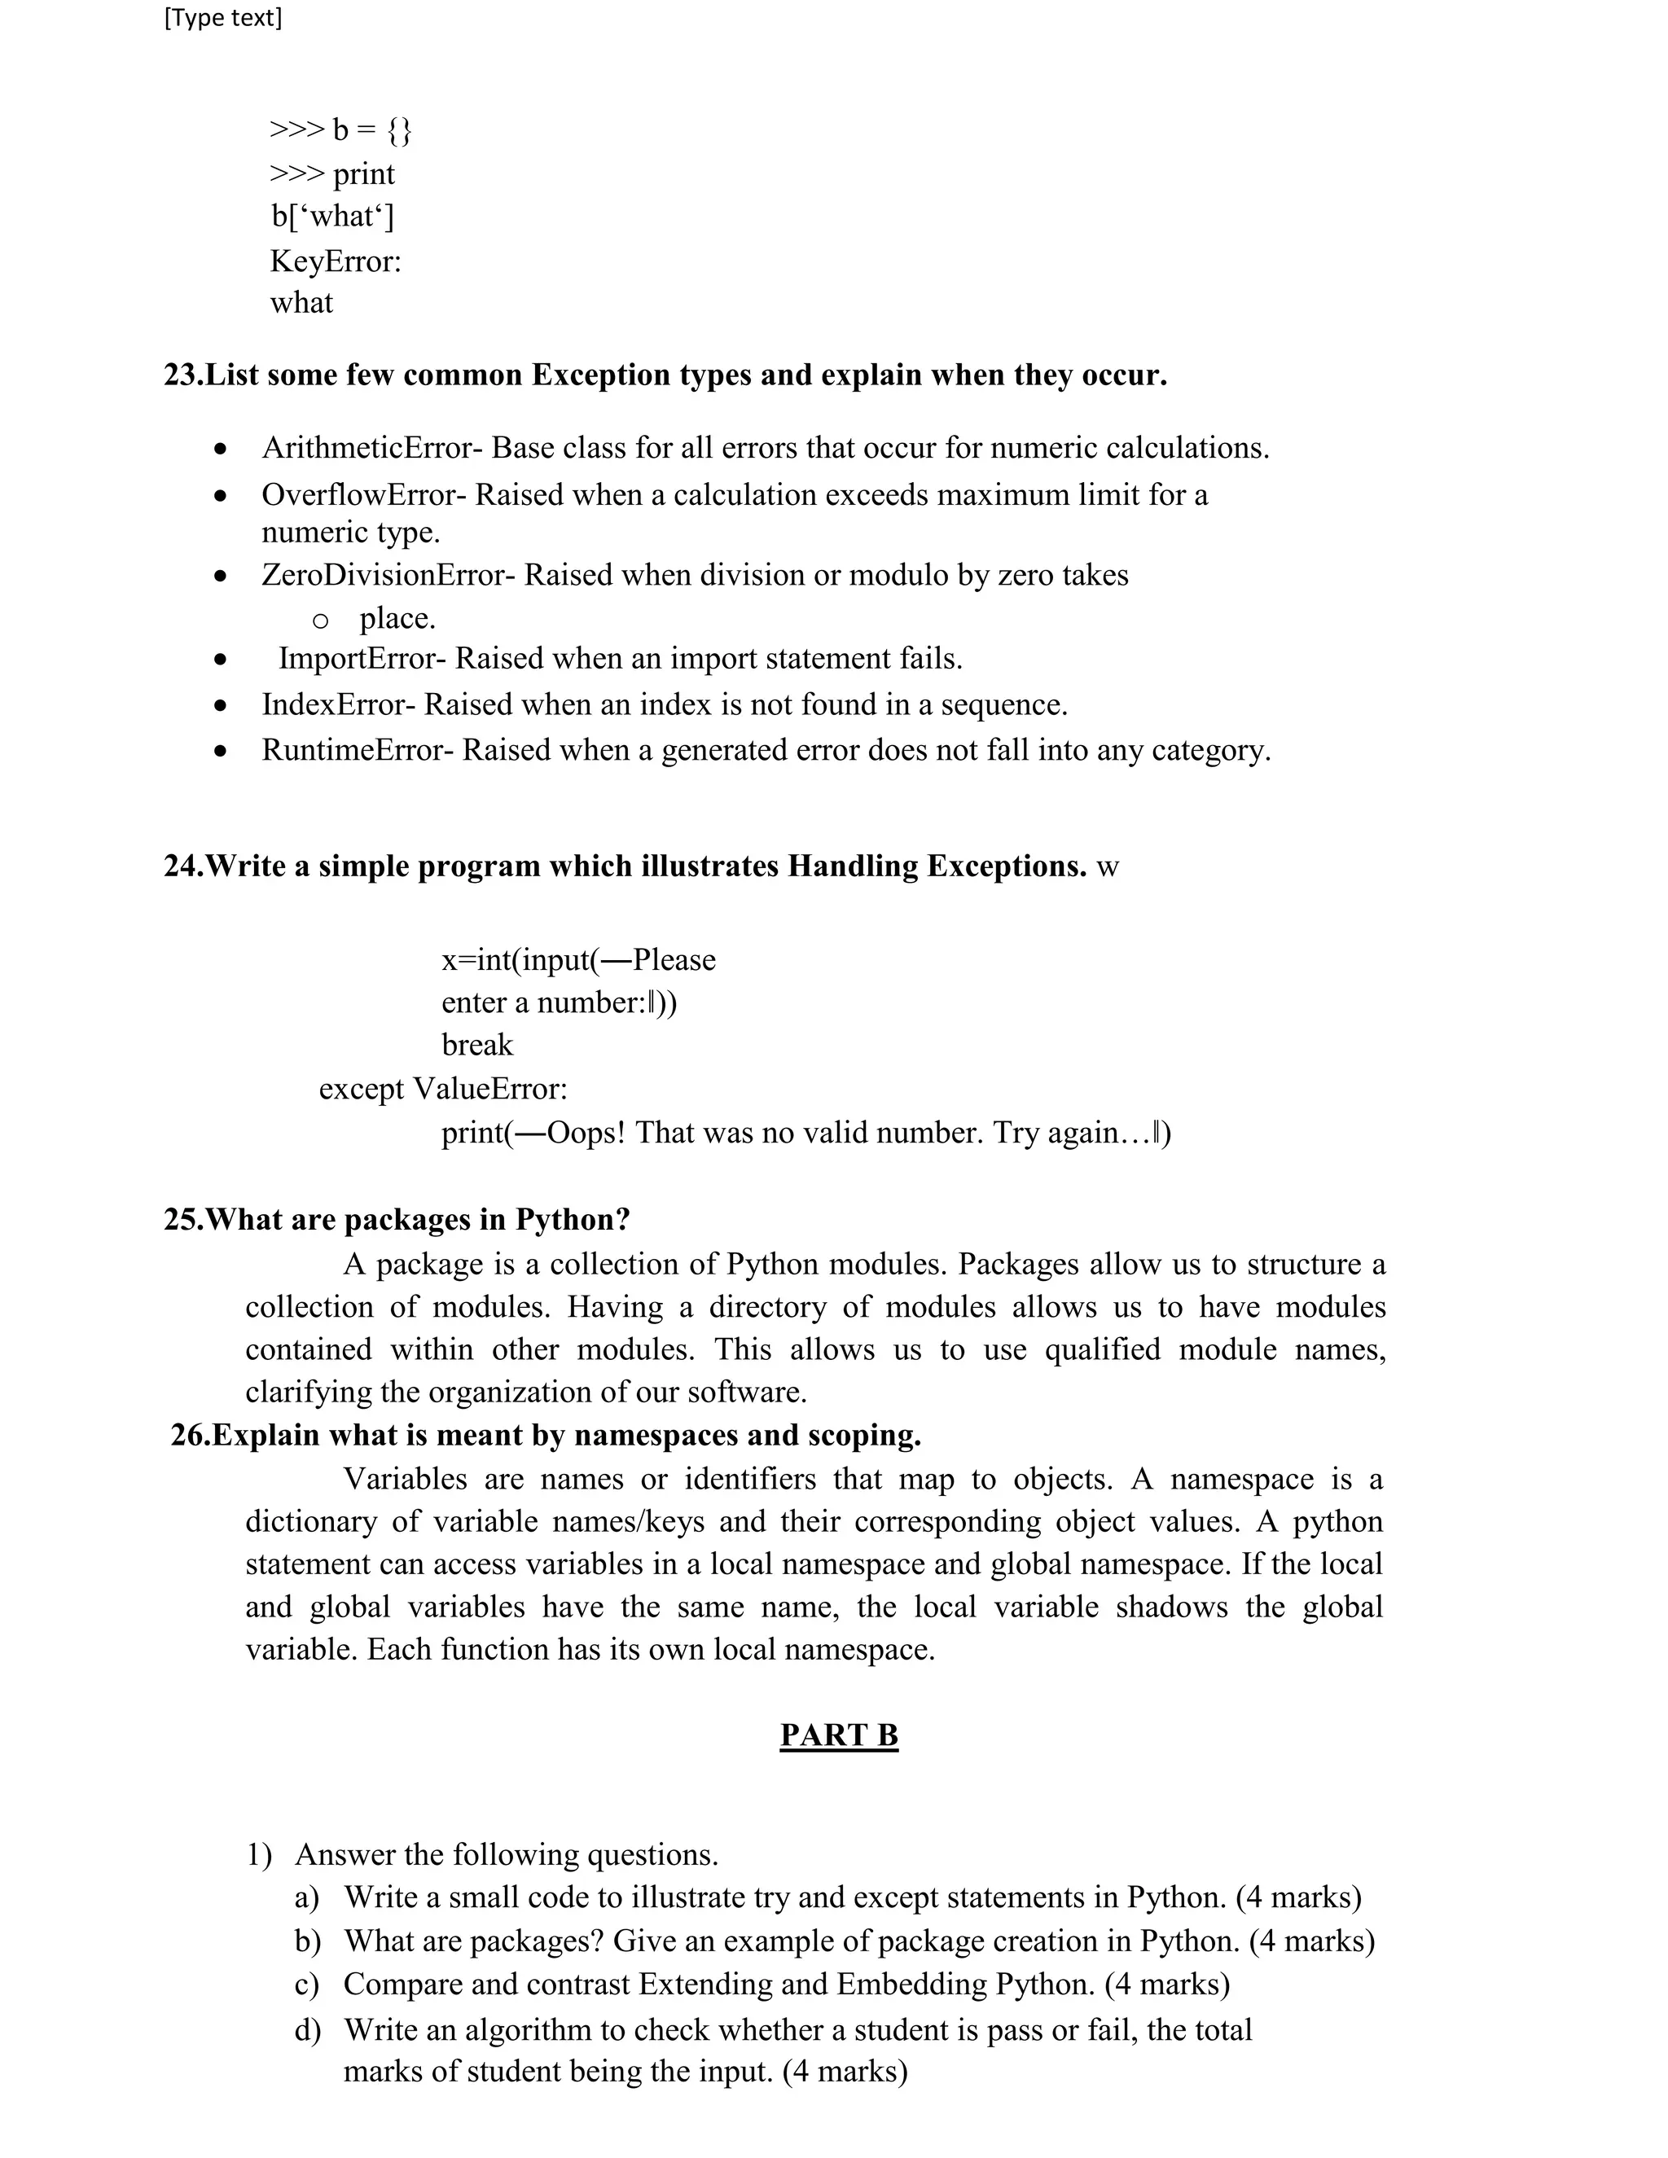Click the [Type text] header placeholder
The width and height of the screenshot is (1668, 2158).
click(223, 18)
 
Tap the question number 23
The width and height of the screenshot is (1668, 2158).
click(182, 375)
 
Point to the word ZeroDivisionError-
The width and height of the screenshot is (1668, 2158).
click(388, 575)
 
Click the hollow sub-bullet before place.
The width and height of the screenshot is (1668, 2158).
click(320, 621)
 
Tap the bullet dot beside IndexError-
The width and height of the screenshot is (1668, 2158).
click(221, 705)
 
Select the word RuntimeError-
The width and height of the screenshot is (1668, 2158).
click(358, 751)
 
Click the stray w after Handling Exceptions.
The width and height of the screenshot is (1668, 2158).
click(1108, 867)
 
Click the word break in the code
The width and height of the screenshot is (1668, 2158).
click(477, 1046)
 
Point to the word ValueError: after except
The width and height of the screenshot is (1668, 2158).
click(490, 1089)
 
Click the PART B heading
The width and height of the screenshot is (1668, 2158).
click(839, 1735)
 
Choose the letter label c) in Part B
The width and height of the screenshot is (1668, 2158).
click(307, 1985)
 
